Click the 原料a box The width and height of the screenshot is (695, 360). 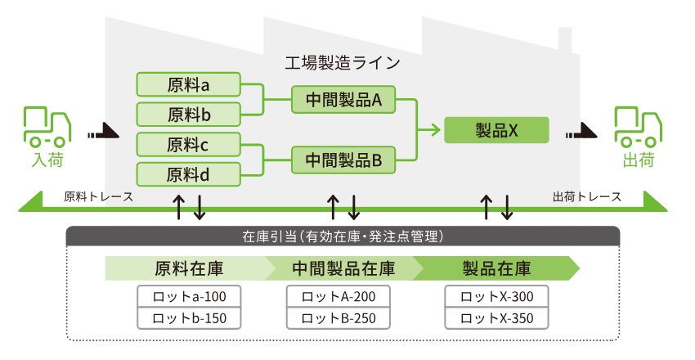click(x=188, y=84)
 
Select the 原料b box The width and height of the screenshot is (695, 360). click(x=188, y=115)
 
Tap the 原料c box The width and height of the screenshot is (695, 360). click(x=188, y=145)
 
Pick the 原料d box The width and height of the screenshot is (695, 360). click(x=188, y=174)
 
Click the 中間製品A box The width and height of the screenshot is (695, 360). click(x=343, y=99)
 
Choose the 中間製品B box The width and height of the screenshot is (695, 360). click(x=343, y=160)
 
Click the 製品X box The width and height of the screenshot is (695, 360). click(x=496, y=130)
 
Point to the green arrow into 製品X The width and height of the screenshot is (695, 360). click(x=429, y=130)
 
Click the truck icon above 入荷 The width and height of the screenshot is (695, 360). click(x=47, y=127)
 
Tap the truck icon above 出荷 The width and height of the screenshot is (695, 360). click(x=638, y=127)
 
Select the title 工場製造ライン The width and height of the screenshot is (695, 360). click(x=342, y=63)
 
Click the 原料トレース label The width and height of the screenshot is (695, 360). click(x=98, y=196)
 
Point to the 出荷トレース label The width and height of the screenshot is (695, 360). click(x=587, y=196)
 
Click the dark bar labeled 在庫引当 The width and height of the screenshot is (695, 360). click(x=343, y=236)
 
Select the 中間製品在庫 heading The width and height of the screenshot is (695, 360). click(x=343, y=268)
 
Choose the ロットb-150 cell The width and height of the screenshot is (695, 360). click(x=189, y=318)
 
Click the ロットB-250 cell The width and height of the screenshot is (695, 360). click(x=339, y=318)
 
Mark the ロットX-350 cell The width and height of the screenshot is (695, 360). click(x=496, y=318)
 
